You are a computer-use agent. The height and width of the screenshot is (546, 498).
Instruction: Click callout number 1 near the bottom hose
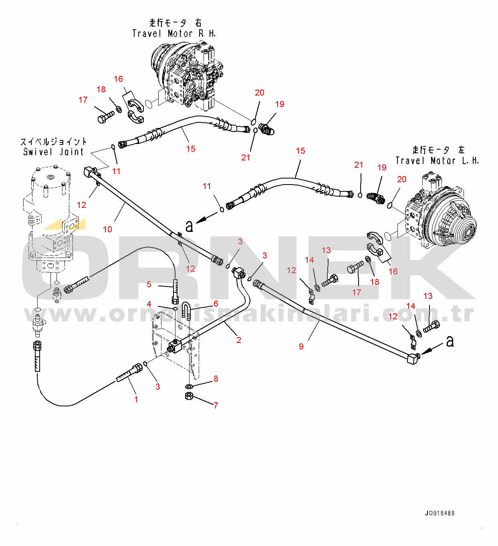136,400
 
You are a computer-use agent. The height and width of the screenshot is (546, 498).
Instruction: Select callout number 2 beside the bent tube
239,340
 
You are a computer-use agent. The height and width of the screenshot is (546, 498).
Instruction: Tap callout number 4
149,304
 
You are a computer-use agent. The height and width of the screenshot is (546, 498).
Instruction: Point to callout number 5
149,284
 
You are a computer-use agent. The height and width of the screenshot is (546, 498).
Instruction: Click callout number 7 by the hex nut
216,405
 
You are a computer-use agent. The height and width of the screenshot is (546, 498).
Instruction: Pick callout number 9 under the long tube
301,346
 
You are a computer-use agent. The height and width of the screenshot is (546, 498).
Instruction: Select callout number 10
107,229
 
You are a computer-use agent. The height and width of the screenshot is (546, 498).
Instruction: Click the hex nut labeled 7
190,396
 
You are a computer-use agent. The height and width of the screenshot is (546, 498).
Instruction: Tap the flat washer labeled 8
189,386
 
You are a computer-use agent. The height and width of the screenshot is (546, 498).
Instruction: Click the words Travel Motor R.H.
174,34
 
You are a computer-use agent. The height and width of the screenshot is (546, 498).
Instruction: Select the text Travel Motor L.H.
437,161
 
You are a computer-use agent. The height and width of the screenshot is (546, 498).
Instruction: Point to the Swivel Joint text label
54,152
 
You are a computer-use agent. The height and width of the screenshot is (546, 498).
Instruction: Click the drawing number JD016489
440,513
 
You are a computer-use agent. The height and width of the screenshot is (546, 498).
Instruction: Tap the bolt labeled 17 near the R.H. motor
105,117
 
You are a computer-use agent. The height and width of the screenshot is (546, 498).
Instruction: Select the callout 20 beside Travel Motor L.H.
401,179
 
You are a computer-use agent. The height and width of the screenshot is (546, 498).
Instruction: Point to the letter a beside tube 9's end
450,341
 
